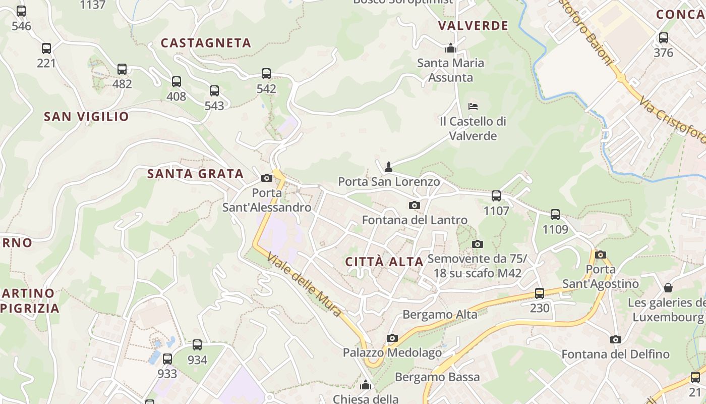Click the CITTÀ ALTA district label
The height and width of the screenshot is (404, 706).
(x=384, y=262)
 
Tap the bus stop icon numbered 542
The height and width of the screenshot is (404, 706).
(x=266, y=74)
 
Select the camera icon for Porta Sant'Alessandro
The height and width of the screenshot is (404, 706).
(x=266, y=178)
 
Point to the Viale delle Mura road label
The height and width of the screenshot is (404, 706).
(x=304, y=284)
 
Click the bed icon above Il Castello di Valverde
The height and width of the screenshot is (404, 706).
(x=473, y=107)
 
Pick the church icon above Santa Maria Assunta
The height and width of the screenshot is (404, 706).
(x=450, y=48)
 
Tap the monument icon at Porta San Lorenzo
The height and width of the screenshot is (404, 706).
(x=388, y=167)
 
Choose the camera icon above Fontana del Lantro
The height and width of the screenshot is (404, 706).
(x=414, y=205)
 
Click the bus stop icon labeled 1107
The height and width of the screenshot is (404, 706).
(x=496, y=195)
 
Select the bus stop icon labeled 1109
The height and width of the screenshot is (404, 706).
(x=555, y=215)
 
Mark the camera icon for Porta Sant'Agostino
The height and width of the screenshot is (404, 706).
(x=600, y=255)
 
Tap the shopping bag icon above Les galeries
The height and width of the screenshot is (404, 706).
(x=668, y=288)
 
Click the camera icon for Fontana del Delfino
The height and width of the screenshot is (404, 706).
(x=615, y=339)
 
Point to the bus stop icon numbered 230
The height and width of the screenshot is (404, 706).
(x=539, y=293)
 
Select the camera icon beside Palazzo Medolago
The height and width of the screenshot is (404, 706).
(x=392, y=338)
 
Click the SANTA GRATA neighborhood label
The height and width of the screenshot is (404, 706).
(x=195, y=174)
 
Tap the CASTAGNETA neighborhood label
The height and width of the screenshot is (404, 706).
(x=206, y=43)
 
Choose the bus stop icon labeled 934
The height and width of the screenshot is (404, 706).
(x=197, y=345)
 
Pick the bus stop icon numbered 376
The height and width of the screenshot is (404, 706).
(x=663, y=38)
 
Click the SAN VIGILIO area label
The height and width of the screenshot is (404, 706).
(x=86, y=117)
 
